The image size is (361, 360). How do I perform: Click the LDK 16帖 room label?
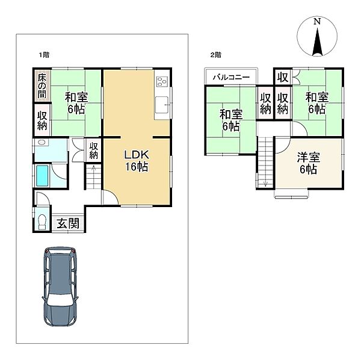[x=137, y=161]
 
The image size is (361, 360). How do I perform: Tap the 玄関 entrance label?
[x=68, y=223]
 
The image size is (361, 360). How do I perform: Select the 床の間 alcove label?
[x=42, y=86]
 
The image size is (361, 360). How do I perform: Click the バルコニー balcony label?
[x=231, y=77]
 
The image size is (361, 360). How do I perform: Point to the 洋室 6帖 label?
[x=308, y=163]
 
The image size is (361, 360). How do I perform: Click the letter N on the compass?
[x=317, y=22]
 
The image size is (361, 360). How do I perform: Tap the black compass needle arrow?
[x=317, y=42]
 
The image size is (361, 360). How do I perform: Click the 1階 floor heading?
[x=44, y=55]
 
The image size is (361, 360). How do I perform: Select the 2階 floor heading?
[x=216, y=55]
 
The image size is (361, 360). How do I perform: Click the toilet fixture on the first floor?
[x=42, y=222]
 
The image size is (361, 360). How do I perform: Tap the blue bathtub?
[x=42, y=176]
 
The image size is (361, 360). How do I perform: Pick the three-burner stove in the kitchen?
[x=162, y=81]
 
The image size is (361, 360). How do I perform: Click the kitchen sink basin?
[x=162, y=105]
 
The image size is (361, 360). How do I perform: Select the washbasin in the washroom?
[x=42, y=142]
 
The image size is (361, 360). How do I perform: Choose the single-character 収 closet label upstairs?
[x=283, y=77]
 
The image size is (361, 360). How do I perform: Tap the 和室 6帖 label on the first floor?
[x=76, y=103]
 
